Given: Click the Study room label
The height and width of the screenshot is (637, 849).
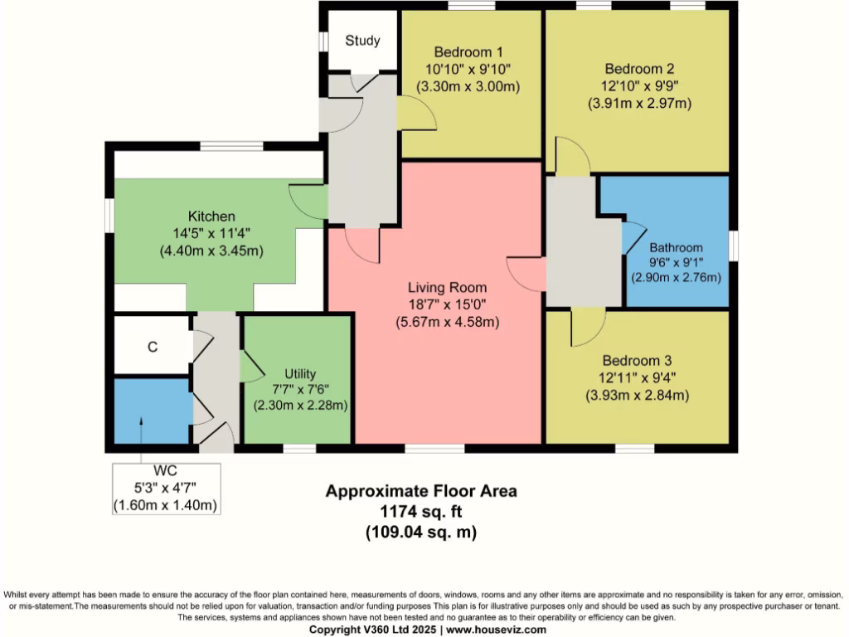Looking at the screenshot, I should tap(362, 41).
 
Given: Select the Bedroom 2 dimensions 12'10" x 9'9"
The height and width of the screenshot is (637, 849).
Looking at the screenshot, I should tap(638, 86).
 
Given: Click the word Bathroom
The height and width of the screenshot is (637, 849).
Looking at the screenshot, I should tap(676, 247).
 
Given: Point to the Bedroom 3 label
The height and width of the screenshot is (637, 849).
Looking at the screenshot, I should tap(637, 361).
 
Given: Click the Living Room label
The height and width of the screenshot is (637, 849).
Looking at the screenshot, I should tap(446, 288).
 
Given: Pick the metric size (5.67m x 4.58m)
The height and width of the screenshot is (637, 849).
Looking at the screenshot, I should tap(446, 322).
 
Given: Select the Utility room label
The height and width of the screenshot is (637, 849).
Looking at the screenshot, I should tap(300, 374).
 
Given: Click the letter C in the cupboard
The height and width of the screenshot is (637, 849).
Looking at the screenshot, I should tap(152, 347).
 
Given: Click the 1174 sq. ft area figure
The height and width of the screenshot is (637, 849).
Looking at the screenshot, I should tap(420, 512).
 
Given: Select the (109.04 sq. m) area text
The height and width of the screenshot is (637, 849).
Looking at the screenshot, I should tap(420, 532).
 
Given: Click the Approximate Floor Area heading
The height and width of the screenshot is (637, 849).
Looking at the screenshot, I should tap(420, 491).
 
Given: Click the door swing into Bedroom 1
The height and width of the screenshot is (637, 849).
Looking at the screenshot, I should tap(417, 114).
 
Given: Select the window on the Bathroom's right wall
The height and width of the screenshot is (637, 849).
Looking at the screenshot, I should tap(733, 246).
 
